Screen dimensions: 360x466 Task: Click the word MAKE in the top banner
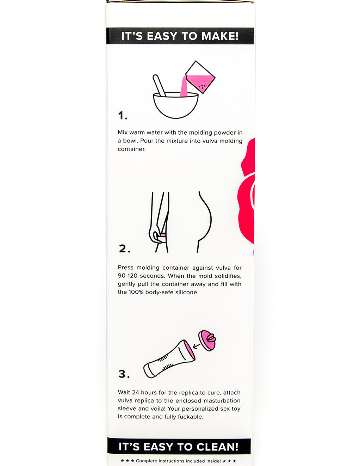(x=220, y=36)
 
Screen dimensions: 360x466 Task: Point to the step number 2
(x=124, y=249)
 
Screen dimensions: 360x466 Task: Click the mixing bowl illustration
(x=176, y=105)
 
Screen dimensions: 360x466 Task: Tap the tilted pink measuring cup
(x=200, y=77)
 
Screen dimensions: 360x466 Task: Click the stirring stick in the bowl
(x=159, y=85)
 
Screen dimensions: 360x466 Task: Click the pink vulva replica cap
(x=207, y=340)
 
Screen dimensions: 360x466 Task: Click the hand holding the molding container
(x=155, y=235)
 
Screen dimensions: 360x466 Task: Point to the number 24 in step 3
(x=135, y=392)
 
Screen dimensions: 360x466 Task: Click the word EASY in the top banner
(x=162, y=36)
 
